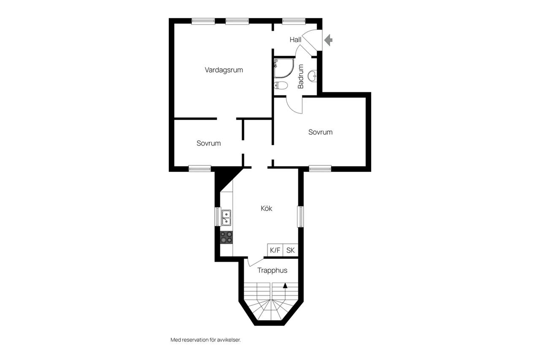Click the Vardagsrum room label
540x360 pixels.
(x=224, y=70)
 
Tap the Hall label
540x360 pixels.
(x=295, y=40)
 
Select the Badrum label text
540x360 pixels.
(x=301, y=76)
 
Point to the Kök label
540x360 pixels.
(x=266, y=208)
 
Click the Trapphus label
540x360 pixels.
(x=272, y=270)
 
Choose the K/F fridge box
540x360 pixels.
(x=275, y=250)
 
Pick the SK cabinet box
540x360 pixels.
(x=291, y=250)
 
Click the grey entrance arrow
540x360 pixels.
(x=328, y=40)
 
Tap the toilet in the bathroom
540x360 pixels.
(x=281, y=85)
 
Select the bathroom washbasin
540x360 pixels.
(x=312, y=76)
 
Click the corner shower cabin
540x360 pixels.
(x=284, y=68)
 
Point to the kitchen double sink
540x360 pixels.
(x=227, y=218)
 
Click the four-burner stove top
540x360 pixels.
(x=227, y=237)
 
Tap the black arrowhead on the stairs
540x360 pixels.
(x=285, y=285)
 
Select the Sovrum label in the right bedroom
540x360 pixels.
(x=320, y=132)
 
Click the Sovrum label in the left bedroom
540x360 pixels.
(x=208, y=143)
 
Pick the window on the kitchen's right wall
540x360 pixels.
(x=300, y=217)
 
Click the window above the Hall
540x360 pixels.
(x=294, y=22)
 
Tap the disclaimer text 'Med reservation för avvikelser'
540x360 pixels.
(x=205, y=340)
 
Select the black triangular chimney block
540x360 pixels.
(x=224, y=178)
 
